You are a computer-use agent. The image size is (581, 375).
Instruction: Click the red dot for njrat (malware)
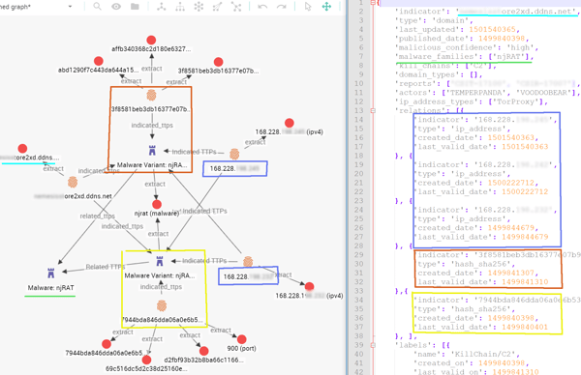point(155,205)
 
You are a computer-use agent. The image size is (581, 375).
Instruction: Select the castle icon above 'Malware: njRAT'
point(51,274)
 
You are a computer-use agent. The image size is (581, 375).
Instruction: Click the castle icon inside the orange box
point(151,151)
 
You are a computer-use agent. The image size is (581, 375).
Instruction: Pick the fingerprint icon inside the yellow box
point(161,305)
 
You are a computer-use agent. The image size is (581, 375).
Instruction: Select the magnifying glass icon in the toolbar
point(97,7)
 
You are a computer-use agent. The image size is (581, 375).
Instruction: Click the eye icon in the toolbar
point(116,7)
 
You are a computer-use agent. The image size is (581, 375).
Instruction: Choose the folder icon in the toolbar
point(136,7)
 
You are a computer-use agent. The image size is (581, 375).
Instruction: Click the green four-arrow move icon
point(326,7)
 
